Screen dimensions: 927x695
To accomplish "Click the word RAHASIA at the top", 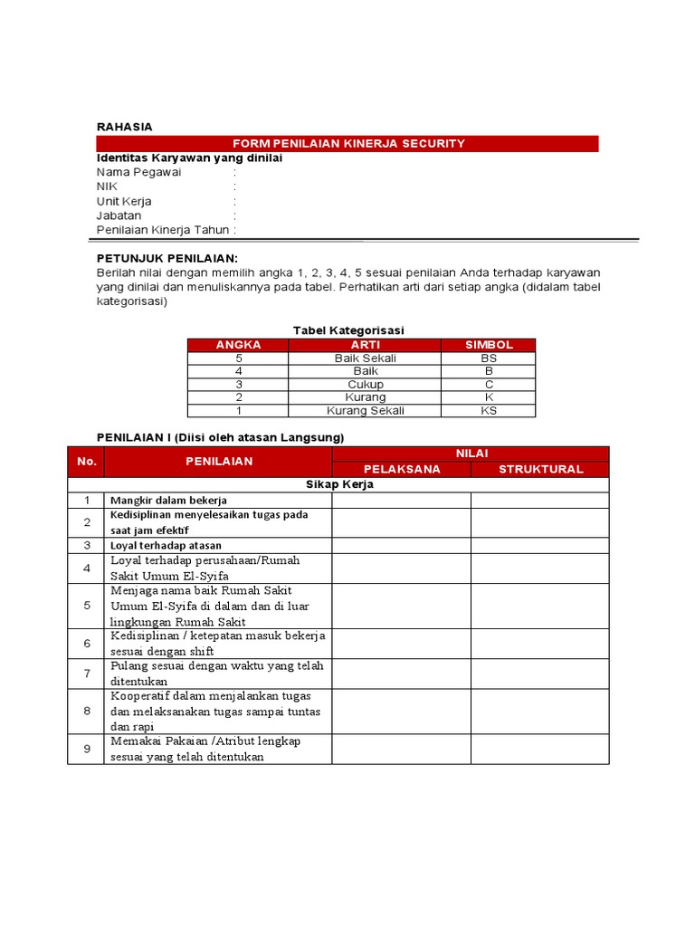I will (125, 126).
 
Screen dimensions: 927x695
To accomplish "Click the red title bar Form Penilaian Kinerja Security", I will (348, 143).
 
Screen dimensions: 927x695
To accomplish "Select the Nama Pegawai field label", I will (138, 172).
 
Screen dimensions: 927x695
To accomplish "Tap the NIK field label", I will (108, 186).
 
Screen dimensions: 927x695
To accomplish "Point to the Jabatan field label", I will (120, 215).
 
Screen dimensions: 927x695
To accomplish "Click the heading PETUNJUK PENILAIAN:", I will (167, 258).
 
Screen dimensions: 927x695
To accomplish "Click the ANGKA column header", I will (239, 345).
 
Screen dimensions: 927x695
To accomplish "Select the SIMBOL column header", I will (489, 345).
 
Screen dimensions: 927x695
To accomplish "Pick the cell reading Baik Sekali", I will (365, 358).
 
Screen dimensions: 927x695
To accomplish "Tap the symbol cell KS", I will (489, 410).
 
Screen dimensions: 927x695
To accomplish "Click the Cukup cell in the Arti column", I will (365, 385).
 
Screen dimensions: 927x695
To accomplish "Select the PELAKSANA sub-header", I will (401, 469).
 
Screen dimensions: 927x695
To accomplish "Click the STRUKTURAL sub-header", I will (540, 469).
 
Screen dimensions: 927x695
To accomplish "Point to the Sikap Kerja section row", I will (338, 484).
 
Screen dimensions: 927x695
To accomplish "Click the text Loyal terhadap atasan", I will (165, 545).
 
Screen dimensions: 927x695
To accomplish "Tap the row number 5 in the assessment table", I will (87, 606).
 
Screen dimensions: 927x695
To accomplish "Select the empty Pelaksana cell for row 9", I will (401, 749).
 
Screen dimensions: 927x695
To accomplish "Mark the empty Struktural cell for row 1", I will (540, 500).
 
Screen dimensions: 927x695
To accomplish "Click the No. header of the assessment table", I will (87, 461).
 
